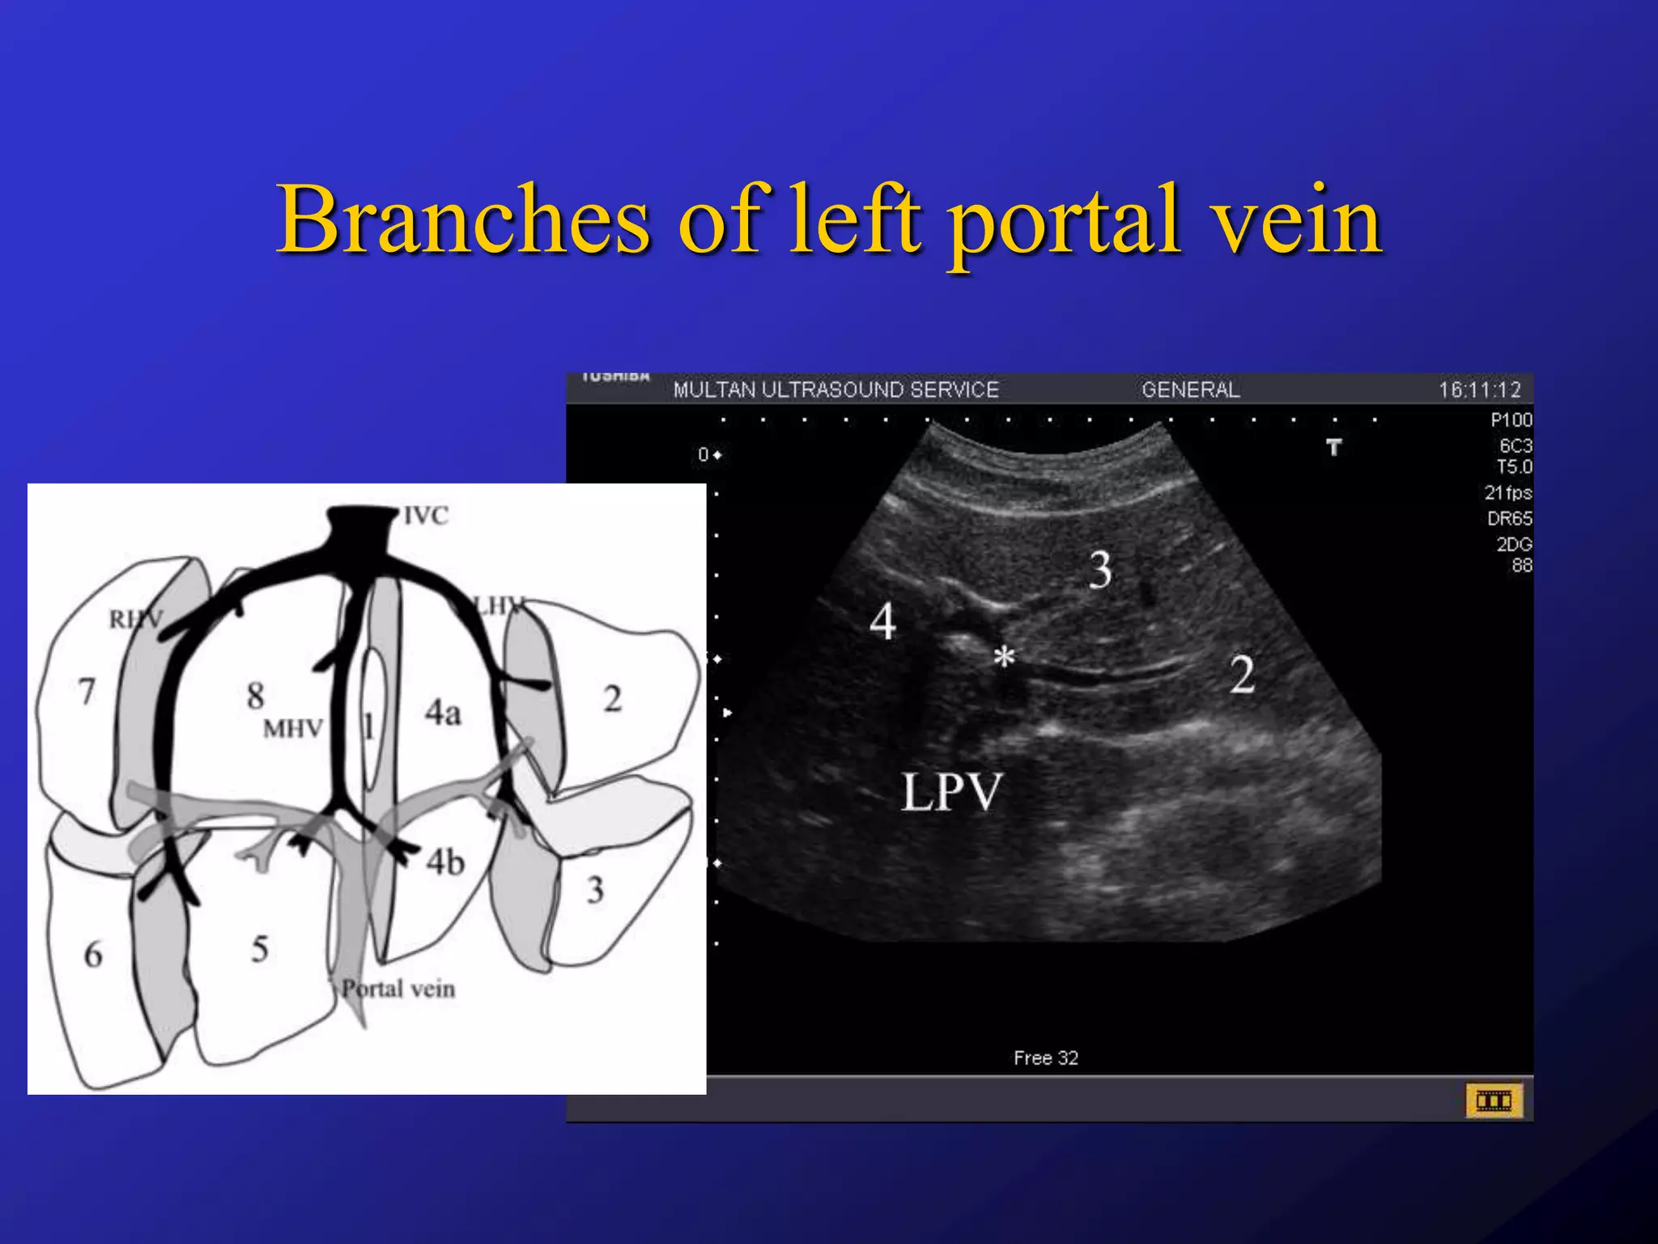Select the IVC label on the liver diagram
click(x=426, y=516)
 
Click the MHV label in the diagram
click(x=293, y=729)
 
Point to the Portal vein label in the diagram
click(x=398, y=989)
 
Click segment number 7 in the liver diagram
click(x=87, y=692)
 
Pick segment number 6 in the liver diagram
click(x=93, y=955)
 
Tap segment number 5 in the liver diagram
click(x=259, y=949)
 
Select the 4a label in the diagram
click(x=443, y=713)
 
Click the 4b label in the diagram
click(x=445, y=863)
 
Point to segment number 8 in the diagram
click(x=256, y=695)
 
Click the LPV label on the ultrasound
click(x=952, y=792)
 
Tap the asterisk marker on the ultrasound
click(x=1004, y=658)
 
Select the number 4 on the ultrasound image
click(x=882, y=622)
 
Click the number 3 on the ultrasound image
click(x=1100, y=570)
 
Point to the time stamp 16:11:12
click(x=1479, y=390)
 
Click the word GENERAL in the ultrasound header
click(x=1190, y=390)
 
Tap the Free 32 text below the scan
click(x=1045, y=1058)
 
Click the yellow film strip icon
click(x=1494, y=1101)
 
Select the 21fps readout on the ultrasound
click(x=1507, y=492)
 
